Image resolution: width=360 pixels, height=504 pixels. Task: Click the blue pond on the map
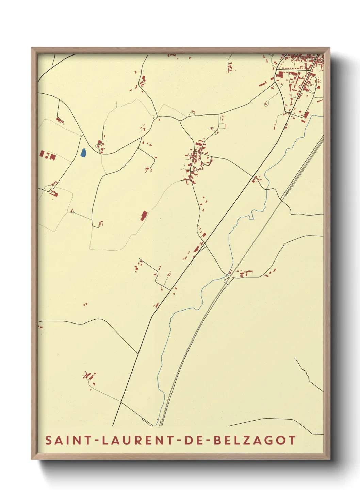pyautogui.click(x=83, y=153)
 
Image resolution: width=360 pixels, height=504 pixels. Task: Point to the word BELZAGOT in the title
pyautogui.click(x=255, y=440)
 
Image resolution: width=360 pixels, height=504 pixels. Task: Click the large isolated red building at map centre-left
pyautogui.click(x=144, y=216)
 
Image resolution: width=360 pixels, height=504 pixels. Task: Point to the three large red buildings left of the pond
pyautogui.click(x=48, y=155)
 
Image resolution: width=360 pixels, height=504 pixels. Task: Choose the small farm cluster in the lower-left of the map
pyautogui.click(x=89, y=376)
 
